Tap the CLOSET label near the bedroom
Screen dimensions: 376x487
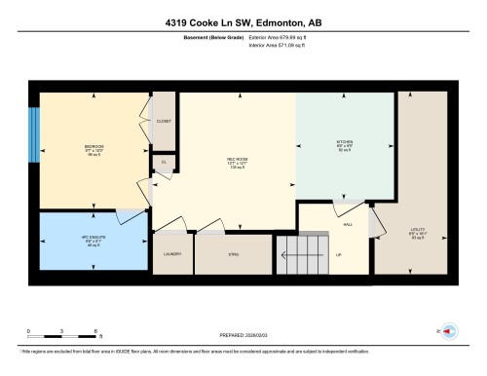(164, 120)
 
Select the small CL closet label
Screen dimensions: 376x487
(164, 163)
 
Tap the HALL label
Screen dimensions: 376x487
(348, 223)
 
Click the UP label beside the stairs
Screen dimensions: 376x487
(338, 255)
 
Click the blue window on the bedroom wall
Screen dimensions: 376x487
(34, 135)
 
